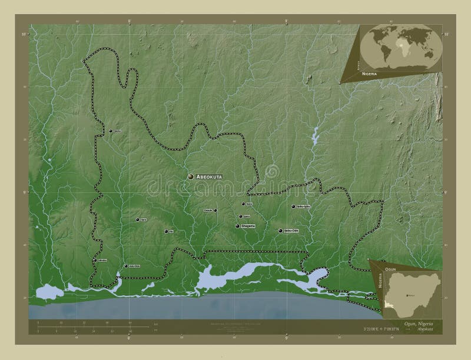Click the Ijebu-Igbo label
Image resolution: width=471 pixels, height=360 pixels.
point(302,206)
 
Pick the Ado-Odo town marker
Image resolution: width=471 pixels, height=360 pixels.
point(125,266)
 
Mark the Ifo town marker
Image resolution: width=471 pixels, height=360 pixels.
point(167,231)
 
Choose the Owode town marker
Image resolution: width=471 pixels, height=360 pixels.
point(215,210)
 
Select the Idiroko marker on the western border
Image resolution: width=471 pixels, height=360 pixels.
point(95,259)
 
